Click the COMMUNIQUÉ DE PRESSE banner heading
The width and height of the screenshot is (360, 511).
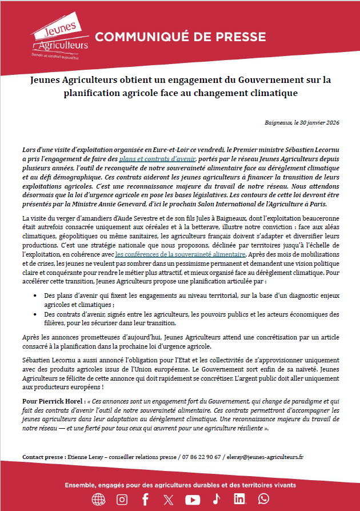pos(180,38)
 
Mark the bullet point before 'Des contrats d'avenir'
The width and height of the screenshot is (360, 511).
pos(37,314)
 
